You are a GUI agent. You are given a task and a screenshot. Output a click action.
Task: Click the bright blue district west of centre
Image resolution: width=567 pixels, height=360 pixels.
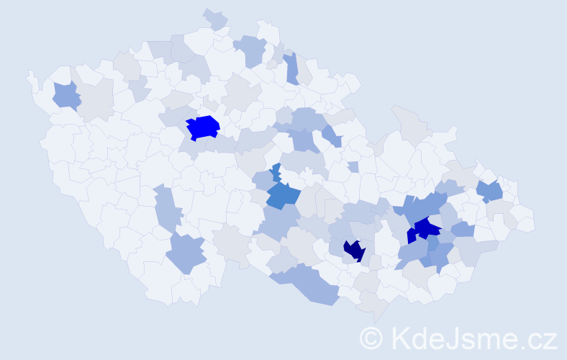coord(203,127)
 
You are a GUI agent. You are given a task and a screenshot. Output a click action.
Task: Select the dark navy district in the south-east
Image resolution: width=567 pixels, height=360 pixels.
coord(354,251)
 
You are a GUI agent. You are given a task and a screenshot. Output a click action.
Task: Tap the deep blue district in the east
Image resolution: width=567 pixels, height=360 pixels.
coord(426,229)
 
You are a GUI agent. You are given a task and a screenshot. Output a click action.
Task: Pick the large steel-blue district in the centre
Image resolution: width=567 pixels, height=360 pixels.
coord(283,195)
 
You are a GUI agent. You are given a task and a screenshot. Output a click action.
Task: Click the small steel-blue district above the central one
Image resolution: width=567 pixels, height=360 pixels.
coord(276,172)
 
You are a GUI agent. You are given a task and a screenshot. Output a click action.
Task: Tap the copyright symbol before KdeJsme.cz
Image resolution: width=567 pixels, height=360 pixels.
coord(371,338)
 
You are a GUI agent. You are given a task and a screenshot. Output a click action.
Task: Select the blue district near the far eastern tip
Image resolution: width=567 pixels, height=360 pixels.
coord(491,191)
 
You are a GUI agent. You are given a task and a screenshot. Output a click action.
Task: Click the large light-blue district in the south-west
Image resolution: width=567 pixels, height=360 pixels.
coord(187,253)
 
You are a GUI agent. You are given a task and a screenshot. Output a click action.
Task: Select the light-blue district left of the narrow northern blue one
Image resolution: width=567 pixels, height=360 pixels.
coord(252,50)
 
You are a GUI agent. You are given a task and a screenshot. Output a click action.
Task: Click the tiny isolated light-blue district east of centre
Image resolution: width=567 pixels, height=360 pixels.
coord(353,166)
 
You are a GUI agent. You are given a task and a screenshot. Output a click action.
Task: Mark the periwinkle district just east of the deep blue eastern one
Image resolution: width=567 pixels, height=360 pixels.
coord(462,230)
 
